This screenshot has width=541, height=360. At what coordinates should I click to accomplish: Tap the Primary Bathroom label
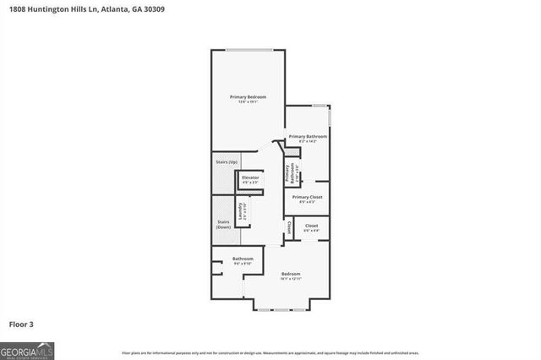(x=308, y=135)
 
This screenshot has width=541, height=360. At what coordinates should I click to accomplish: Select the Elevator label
(x=251, y=177)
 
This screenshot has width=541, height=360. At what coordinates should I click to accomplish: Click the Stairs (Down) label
(x=223, y=225)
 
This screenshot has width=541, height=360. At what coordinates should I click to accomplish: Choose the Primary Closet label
(x=307, y=197)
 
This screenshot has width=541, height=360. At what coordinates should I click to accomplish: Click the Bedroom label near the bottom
(x=291, y=273)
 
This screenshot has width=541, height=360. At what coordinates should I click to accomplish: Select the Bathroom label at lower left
(x=243, y=259)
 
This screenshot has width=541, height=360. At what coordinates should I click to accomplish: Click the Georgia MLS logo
(x=27, y=350)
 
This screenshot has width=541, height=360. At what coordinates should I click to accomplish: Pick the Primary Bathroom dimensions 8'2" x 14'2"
(x=308, y=140)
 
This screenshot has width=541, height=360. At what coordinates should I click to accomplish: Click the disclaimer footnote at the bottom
(x=270, y=352)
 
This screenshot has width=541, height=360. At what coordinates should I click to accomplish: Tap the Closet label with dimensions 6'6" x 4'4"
(x=311, y=226)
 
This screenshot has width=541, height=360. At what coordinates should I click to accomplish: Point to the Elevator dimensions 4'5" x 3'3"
(x=251, y=182)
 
